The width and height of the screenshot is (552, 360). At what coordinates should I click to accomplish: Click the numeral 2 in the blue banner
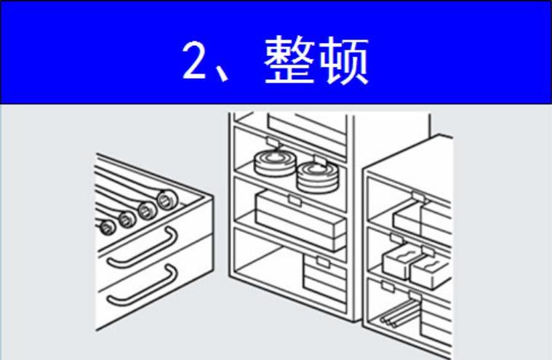tap(194, 60)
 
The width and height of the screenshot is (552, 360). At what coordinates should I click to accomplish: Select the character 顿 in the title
tap(343, 60)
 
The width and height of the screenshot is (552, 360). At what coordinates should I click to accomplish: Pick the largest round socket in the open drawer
tap(167, 200)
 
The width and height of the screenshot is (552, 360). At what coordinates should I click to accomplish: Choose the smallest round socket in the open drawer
tap(107, 227)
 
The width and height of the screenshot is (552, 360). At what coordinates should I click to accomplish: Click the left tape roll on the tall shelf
tap(276, 163)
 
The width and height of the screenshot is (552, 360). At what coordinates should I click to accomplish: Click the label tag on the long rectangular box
tap(295, 201)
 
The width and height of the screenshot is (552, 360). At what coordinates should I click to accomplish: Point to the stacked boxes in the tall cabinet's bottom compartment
tap(325, 280)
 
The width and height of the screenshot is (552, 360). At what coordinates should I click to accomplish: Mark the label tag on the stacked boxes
tap(323, 262)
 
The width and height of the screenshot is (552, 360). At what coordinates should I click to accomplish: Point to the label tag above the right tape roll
tap(319, 159)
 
